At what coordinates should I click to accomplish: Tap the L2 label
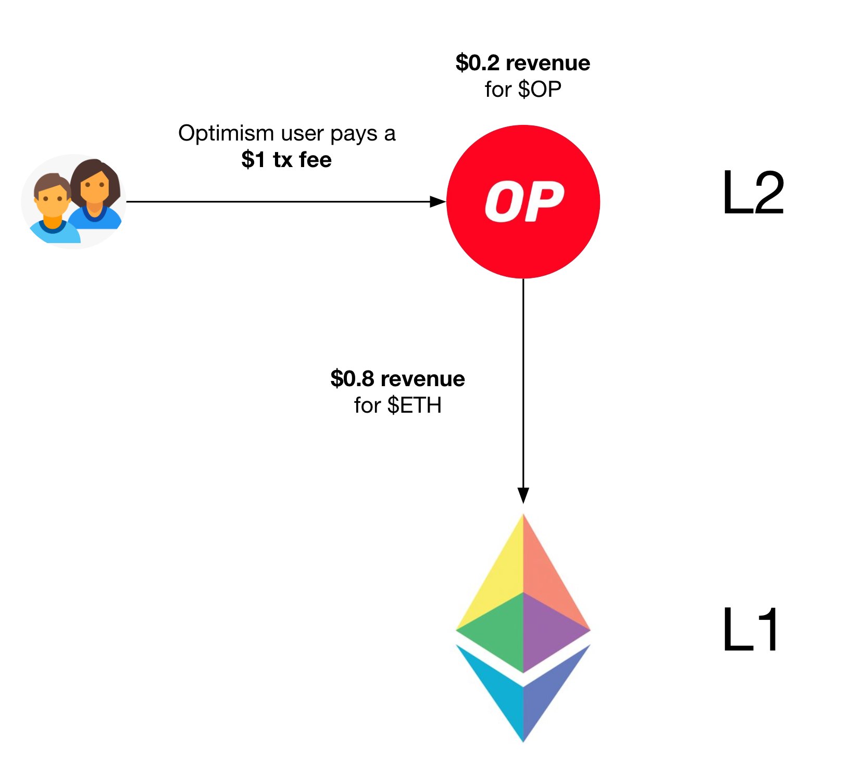753,194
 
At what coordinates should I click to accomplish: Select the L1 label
751,630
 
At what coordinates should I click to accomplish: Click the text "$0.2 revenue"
522,63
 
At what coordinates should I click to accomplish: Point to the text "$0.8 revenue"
397,379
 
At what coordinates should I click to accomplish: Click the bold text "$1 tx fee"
286,160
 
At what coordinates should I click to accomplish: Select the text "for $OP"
522,90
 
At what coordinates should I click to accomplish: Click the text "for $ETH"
397,405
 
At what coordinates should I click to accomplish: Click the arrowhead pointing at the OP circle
438,201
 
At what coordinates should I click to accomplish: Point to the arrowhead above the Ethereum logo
523,495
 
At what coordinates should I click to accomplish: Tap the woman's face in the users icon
95,185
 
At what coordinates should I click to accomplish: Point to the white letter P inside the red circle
544,201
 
